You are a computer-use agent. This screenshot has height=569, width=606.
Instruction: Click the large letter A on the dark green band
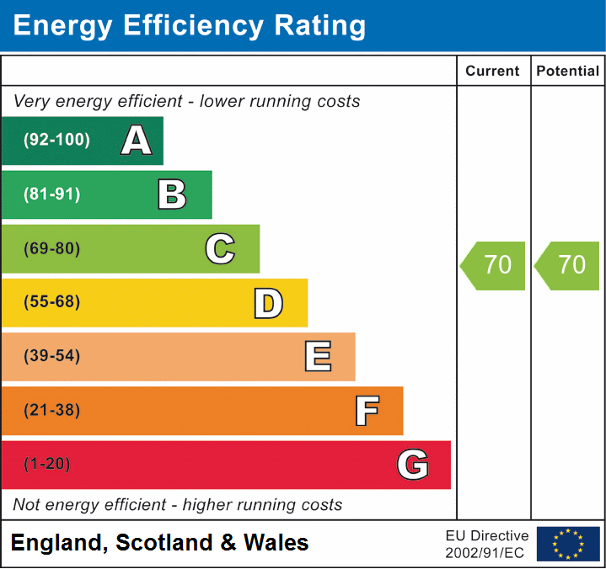point(136,141)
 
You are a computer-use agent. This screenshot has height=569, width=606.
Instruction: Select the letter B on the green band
point(172,194)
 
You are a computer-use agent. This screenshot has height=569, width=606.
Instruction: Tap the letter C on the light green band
point(220,248)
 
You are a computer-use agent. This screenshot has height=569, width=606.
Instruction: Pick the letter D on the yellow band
point(268,303)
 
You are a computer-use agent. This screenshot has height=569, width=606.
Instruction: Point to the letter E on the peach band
point(317,357)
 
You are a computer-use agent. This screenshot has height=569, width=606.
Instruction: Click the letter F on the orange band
point(366,411)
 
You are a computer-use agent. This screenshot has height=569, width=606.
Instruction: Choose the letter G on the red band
point(412,465)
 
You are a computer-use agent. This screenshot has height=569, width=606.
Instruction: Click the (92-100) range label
point(56,141)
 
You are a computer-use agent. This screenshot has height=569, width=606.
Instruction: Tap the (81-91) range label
point(52,194)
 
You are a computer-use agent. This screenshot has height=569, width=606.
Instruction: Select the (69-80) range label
point(52,248)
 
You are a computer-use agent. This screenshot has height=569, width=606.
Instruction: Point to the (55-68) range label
point(52,302)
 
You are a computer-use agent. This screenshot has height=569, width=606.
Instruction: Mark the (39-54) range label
point(52,356)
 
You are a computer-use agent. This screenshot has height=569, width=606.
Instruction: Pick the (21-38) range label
point(52,411)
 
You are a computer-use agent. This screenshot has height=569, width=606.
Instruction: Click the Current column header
point(493,72)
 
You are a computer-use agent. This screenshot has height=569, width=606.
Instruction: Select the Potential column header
point(568,72)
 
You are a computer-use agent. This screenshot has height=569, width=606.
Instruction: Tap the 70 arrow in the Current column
point(494,265)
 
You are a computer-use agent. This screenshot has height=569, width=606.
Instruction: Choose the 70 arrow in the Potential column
point(568,265)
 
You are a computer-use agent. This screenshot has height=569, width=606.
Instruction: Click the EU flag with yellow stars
point(568,544)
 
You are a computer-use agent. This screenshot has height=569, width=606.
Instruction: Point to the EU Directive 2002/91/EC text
point(487,544)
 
